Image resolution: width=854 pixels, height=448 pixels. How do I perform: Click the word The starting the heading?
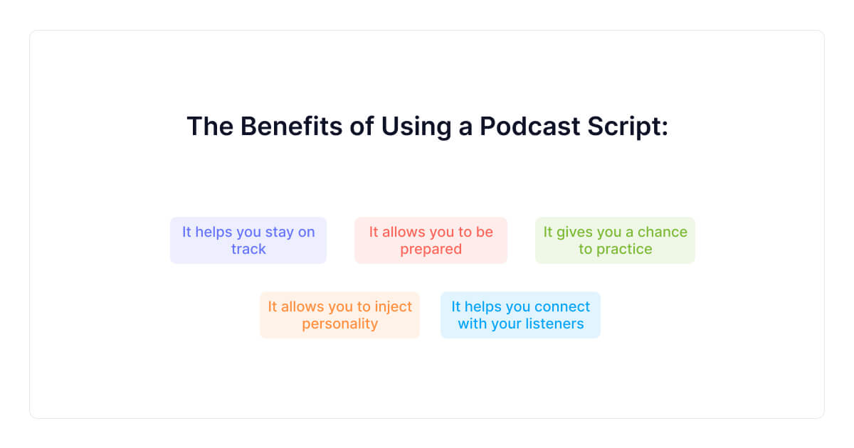[x=209, y=127]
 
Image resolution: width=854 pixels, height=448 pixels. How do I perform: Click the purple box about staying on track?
[x=248, y=240]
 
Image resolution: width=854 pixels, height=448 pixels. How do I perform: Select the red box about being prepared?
[x=431, y=240]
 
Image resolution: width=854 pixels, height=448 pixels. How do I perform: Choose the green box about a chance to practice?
[x=615, y=240]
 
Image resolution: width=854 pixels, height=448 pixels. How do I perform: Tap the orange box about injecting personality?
[x=339, y=315]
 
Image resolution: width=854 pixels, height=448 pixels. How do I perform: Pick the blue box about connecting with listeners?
[x=520, y=315]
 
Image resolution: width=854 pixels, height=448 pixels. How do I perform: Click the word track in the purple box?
[x=248, y=249]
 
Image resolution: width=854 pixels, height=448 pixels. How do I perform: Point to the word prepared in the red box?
[x=431, y=250]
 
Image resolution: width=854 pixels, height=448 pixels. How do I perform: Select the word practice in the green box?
[x=625, y=249]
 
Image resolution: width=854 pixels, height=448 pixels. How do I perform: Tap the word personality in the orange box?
[x=339, y=324]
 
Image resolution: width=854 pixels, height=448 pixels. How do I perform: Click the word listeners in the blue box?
[x=554, y=324]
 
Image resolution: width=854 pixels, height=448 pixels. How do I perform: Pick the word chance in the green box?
[x=663, y=232]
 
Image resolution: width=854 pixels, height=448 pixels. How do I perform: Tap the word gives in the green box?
[x=573, y=232]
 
